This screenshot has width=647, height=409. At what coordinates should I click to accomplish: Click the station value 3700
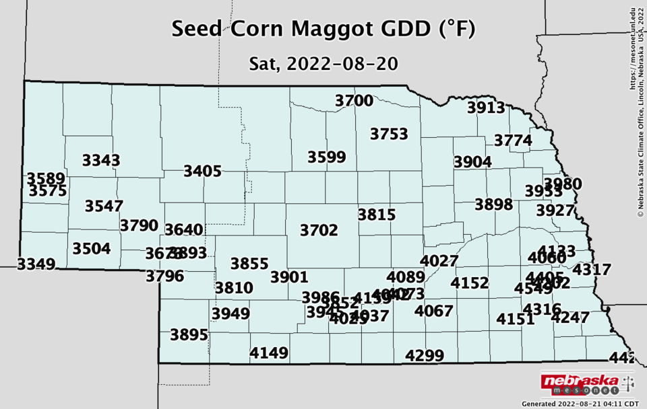(x=354, y=101)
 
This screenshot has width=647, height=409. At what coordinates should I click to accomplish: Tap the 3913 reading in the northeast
(x=486, y=108)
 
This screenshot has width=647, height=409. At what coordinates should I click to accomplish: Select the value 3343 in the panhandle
(x=101, y=160)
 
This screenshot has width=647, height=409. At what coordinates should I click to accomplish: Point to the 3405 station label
(x=202, y=172)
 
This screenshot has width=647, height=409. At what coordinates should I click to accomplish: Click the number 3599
(x=326, y=157)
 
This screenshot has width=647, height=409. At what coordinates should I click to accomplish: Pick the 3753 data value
(x=389, y=135)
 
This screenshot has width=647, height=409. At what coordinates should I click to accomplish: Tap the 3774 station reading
(x=513, y=141)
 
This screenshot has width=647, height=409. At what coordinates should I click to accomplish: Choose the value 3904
(x=472, y=162)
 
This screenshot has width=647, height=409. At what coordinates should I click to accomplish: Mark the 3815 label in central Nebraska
(x=376, y=215)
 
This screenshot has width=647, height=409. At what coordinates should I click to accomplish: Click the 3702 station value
(x=319, y=230)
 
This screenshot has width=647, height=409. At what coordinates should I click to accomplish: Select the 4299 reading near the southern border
(x=425, y=356)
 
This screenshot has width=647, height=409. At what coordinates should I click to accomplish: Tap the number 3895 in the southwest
(x=189, y=335)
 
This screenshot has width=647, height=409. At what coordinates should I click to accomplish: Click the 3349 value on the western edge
(x=36, y=264)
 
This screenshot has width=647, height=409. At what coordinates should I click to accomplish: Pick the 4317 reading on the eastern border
(x=592, y=270)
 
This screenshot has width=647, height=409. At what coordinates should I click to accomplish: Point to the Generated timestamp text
(x=580, y=404)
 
